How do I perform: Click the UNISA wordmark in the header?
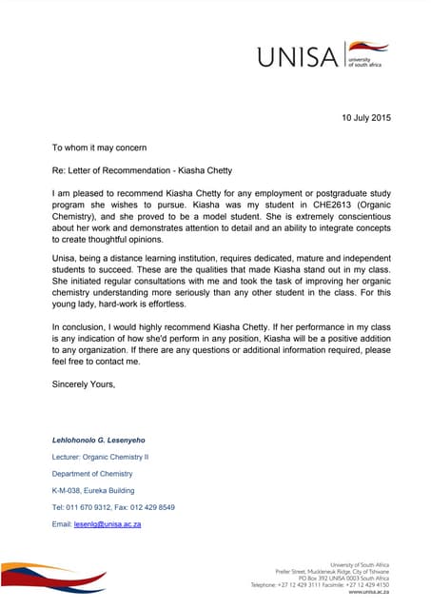(297, 57)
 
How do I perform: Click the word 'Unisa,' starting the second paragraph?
(66, 259)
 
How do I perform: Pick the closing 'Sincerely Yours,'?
(84, 384)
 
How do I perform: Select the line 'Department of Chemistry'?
(92, 474)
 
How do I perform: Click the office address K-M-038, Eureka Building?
(99, 490)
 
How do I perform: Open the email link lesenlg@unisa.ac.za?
(108, 524)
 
